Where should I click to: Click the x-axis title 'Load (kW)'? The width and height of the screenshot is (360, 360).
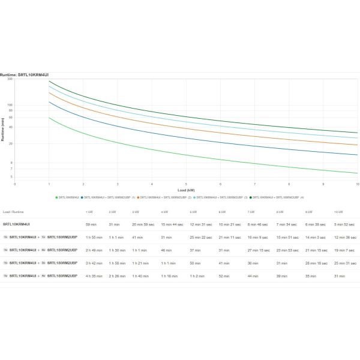tap(186, 190)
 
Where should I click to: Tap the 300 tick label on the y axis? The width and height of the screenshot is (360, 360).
tap(10, 79)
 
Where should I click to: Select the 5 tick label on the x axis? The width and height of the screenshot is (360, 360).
tap(186, 184)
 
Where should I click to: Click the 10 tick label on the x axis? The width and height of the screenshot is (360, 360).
tap(357, 184)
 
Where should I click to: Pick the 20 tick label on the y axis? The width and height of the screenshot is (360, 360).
tap(11, 144)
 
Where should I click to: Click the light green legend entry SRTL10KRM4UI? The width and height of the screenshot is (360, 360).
tap(67, 197)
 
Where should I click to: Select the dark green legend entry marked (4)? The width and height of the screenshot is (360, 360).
tap(277, 197)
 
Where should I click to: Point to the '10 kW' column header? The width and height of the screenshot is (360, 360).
tap(340, 212)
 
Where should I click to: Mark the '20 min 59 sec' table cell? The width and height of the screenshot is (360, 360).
tap(143, 224)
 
